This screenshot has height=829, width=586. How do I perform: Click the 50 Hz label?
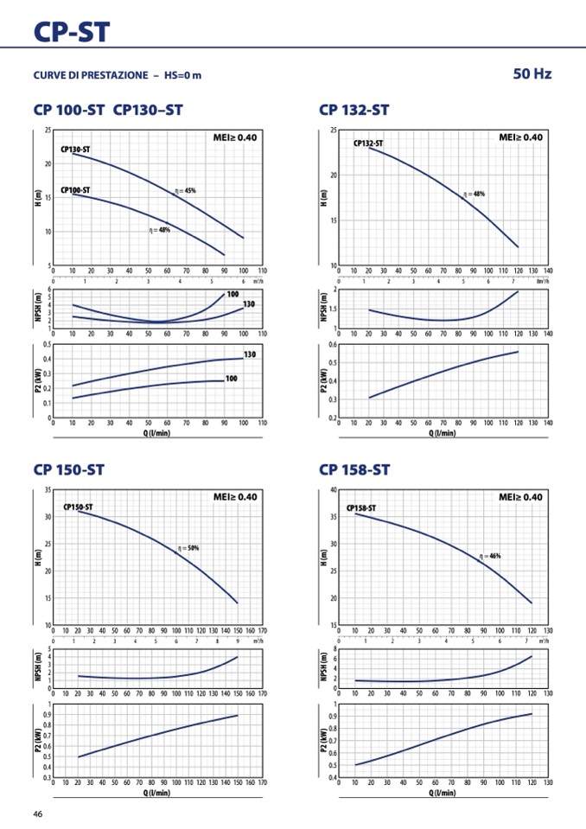(532, 74)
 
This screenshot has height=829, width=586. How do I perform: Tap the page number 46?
(38, 813)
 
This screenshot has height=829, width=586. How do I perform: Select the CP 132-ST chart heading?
(354, 110)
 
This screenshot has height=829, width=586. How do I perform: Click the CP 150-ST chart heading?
(68, 470)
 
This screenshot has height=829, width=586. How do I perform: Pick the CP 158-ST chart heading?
(354, 470)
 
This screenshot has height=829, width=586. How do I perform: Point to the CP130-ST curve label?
(75, 150)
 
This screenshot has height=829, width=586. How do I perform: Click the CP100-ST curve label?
(75, 189)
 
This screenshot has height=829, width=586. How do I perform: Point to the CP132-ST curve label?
(368, 143)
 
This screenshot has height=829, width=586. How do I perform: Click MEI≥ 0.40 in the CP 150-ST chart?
(235, 497)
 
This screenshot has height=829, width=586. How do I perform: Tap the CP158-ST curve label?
(361, 508)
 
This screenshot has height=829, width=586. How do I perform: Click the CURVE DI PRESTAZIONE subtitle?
(117, 75)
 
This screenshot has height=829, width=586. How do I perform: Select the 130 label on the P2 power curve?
(250, 355)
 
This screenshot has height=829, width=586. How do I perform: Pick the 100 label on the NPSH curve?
(232, 295)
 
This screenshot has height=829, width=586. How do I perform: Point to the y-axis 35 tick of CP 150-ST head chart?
(47, 490)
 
